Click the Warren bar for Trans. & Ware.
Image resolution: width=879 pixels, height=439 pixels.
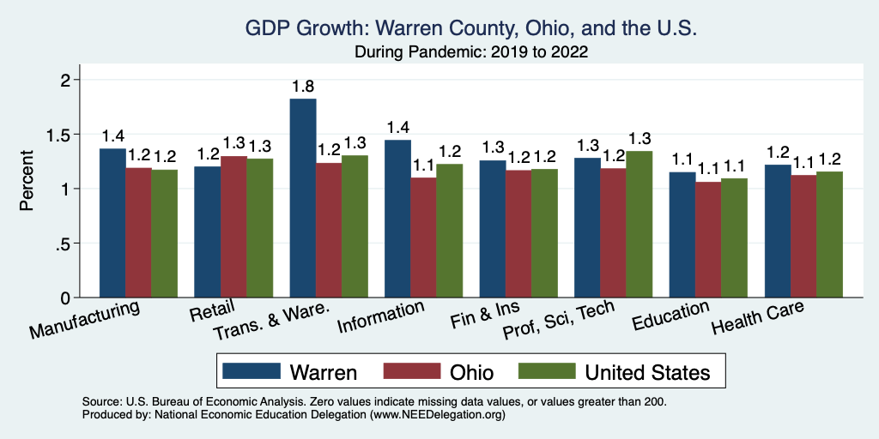(x=303, y=199)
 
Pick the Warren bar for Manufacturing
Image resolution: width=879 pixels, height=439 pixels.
(x=112, y=223)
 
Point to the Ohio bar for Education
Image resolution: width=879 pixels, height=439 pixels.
(x=708, y=240)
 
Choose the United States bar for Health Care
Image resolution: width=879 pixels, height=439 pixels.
(x=829, y=235)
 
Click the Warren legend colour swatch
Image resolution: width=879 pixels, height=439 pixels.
(x=252, y=371)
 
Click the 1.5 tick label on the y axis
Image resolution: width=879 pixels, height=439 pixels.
(x=62, y=135)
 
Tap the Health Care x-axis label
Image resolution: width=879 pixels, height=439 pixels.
(x=758, y=319)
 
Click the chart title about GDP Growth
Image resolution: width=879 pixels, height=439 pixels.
(x=470, y=28)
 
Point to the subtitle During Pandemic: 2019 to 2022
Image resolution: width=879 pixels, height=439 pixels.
(x=470, y=51)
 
